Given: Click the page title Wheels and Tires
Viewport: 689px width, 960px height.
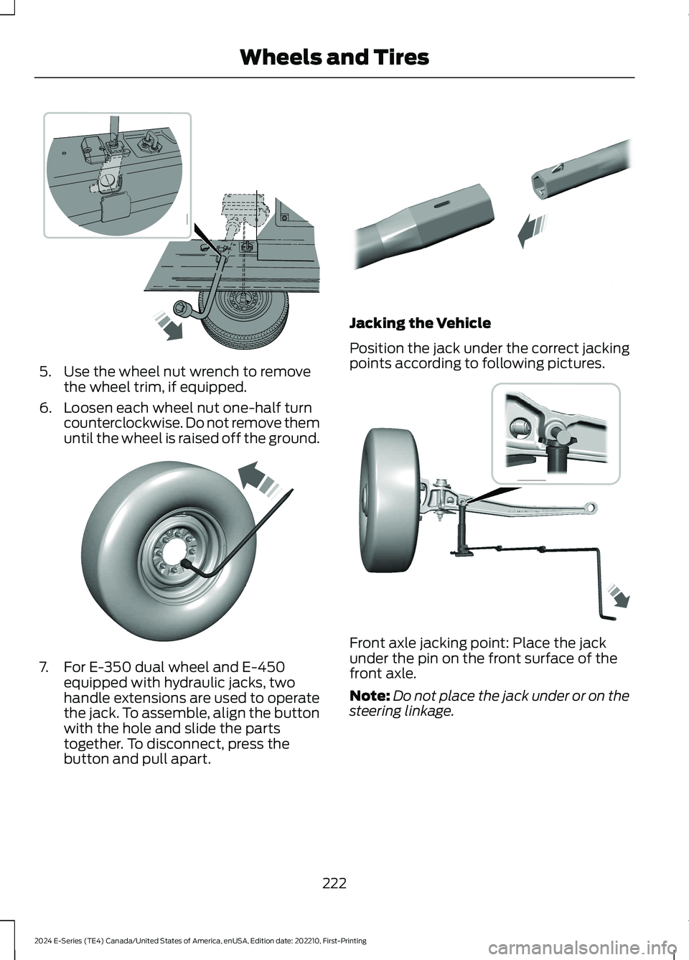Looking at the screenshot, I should point(334,57).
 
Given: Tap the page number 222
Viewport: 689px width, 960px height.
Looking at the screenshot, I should point(334,883).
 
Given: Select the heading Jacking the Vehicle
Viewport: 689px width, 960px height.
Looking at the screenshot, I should point(420,323).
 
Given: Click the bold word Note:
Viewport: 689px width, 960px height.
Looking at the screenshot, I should point(370,696).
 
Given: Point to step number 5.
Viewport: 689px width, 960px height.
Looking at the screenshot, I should point(44,372).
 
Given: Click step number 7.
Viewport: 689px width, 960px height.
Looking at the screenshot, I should point(44,667).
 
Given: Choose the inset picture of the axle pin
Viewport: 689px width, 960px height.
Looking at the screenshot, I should point(556,433).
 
